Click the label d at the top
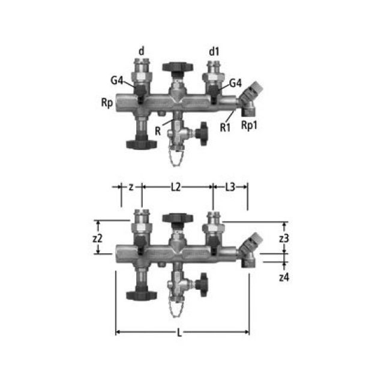(x=142, y=51)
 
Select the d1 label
(x=214, y=51)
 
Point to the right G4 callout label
(x=235, y=82)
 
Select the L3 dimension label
(x=230, y=187)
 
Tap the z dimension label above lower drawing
(x=131, y=187)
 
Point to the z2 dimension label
(x=98, y=238)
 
